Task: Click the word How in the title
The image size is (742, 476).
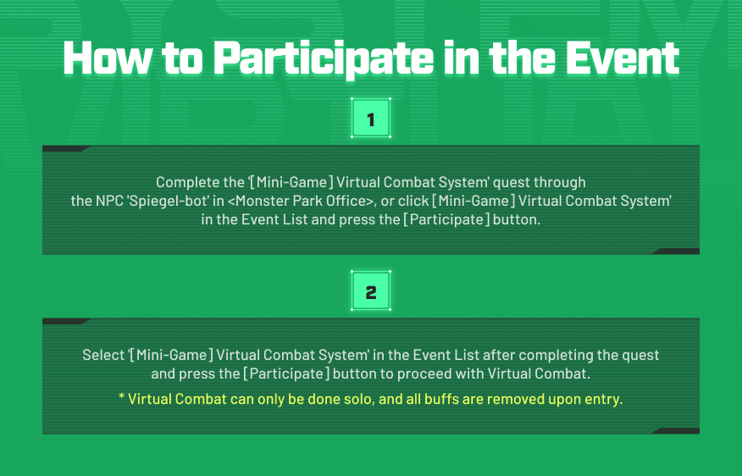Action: click(108, 58)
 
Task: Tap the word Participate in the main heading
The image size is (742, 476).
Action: click(324, 59)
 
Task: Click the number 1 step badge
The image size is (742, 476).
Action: click(371, 119)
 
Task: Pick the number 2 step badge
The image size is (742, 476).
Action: click(371, 291)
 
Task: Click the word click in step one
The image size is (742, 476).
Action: click(413, 201)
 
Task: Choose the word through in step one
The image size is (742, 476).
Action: click(559, 183)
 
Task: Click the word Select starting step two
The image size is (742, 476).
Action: click(103, 355)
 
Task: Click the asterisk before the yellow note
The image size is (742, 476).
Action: click(122, 396)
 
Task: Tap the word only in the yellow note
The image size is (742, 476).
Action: click(271, 400)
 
